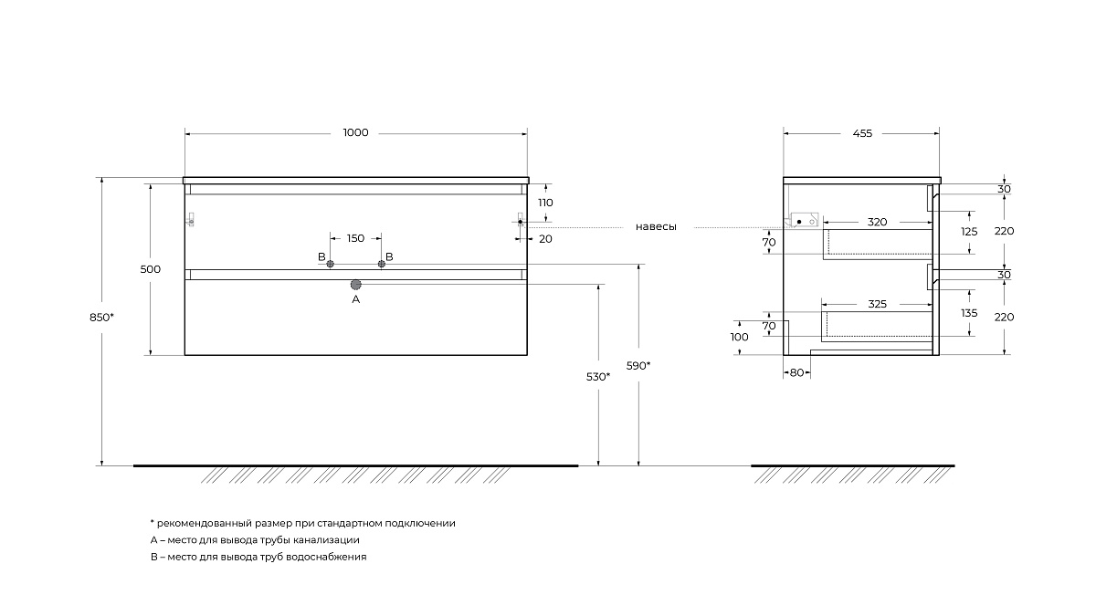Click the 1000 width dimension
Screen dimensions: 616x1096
[x=356, y=133]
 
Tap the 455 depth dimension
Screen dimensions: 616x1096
[x=862, y=133]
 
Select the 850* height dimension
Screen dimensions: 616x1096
[x=102, y=318]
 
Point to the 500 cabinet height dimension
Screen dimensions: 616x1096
[x=151, y=269]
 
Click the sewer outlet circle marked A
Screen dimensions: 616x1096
[x=356, y=285]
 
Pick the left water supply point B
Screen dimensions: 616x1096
[x=331, y=264]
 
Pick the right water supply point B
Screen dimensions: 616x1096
[x=382, y=264]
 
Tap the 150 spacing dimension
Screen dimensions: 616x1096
[x=356, y=238]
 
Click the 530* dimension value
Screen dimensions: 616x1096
[x=598, y=376]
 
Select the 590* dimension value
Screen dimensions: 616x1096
[x=639, y=366]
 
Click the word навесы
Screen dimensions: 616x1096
[x=657, y=227]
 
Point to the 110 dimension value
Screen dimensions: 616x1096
[x=546, y=203]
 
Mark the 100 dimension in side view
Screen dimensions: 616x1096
[x=740, y=337]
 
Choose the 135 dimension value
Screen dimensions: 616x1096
[x=969, y=313]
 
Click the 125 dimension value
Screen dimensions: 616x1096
[x=969, y=232]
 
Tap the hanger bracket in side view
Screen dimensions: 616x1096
[x=804, y=221]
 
